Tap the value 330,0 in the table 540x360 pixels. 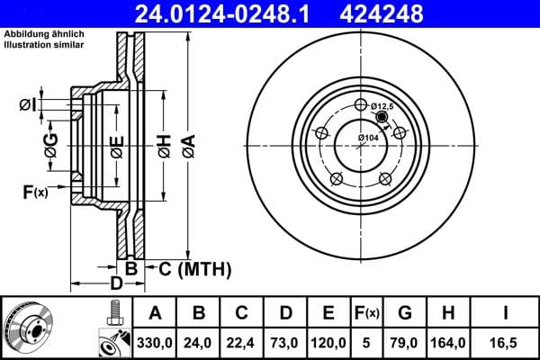[x=155, y=342]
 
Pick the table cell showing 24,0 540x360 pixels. [x=198, y=342]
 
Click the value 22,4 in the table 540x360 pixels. [x=241, y=342]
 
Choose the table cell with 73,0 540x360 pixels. [x=284, y=342]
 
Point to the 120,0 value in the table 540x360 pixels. [x=328, y=342]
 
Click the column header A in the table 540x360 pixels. [x=155, y=313]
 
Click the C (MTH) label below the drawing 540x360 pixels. [x=194, y=268]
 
